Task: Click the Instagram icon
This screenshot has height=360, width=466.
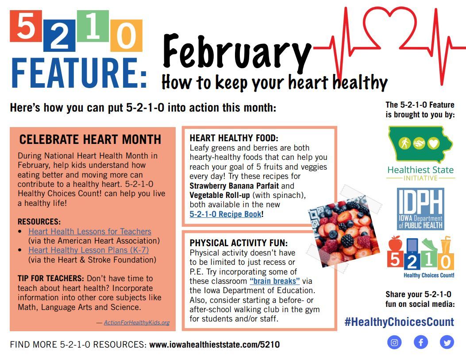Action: tap(394, 342)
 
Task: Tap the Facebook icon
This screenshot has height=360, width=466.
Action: tap(421, 342)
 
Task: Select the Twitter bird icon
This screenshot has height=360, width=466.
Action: tap(447, 342)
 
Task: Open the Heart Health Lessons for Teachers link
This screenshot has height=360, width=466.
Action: tap(90, 231)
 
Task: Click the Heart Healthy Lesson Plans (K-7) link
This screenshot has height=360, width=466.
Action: tap(89, 250)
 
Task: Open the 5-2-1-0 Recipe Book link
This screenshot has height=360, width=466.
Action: tap(226, 214)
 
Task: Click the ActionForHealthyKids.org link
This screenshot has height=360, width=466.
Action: tap(137, 322)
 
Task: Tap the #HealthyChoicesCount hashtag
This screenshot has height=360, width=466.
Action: tap(400, 322)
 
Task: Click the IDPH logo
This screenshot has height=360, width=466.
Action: tap(420, 209)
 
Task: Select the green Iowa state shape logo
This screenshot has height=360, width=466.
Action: tap(420, 144)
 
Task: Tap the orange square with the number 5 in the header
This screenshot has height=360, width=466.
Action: tap(26, 26)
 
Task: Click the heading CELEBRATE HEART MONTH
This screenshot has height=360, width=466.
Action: tap(90, 139)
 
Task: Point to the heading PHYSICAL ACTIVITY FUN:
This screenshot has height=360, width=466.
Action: tap(239, 243)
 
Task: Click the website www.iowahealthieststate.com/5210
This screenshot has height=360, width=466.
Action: tap(214, 345)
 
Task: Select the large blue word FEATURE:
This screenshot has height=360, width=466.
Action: tap(79, 73)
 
